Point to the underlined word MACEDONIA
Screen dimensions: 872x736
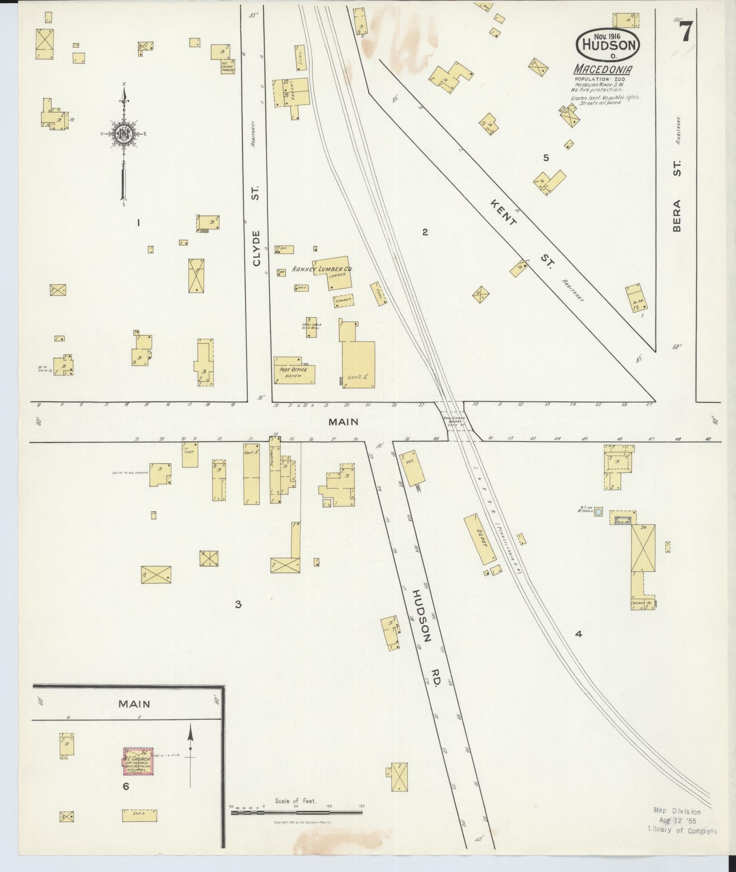click(603, 70)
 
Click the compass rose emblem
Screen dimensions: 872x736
click(122, 133)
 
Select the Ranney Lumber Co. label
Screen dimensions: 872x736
click(323, 269)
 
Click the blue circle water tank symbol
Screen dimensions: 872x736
click(599, 512)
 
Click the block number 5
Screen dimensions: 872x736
click(546, 158)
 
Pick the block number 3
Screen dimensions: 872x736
click(238, 604)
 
